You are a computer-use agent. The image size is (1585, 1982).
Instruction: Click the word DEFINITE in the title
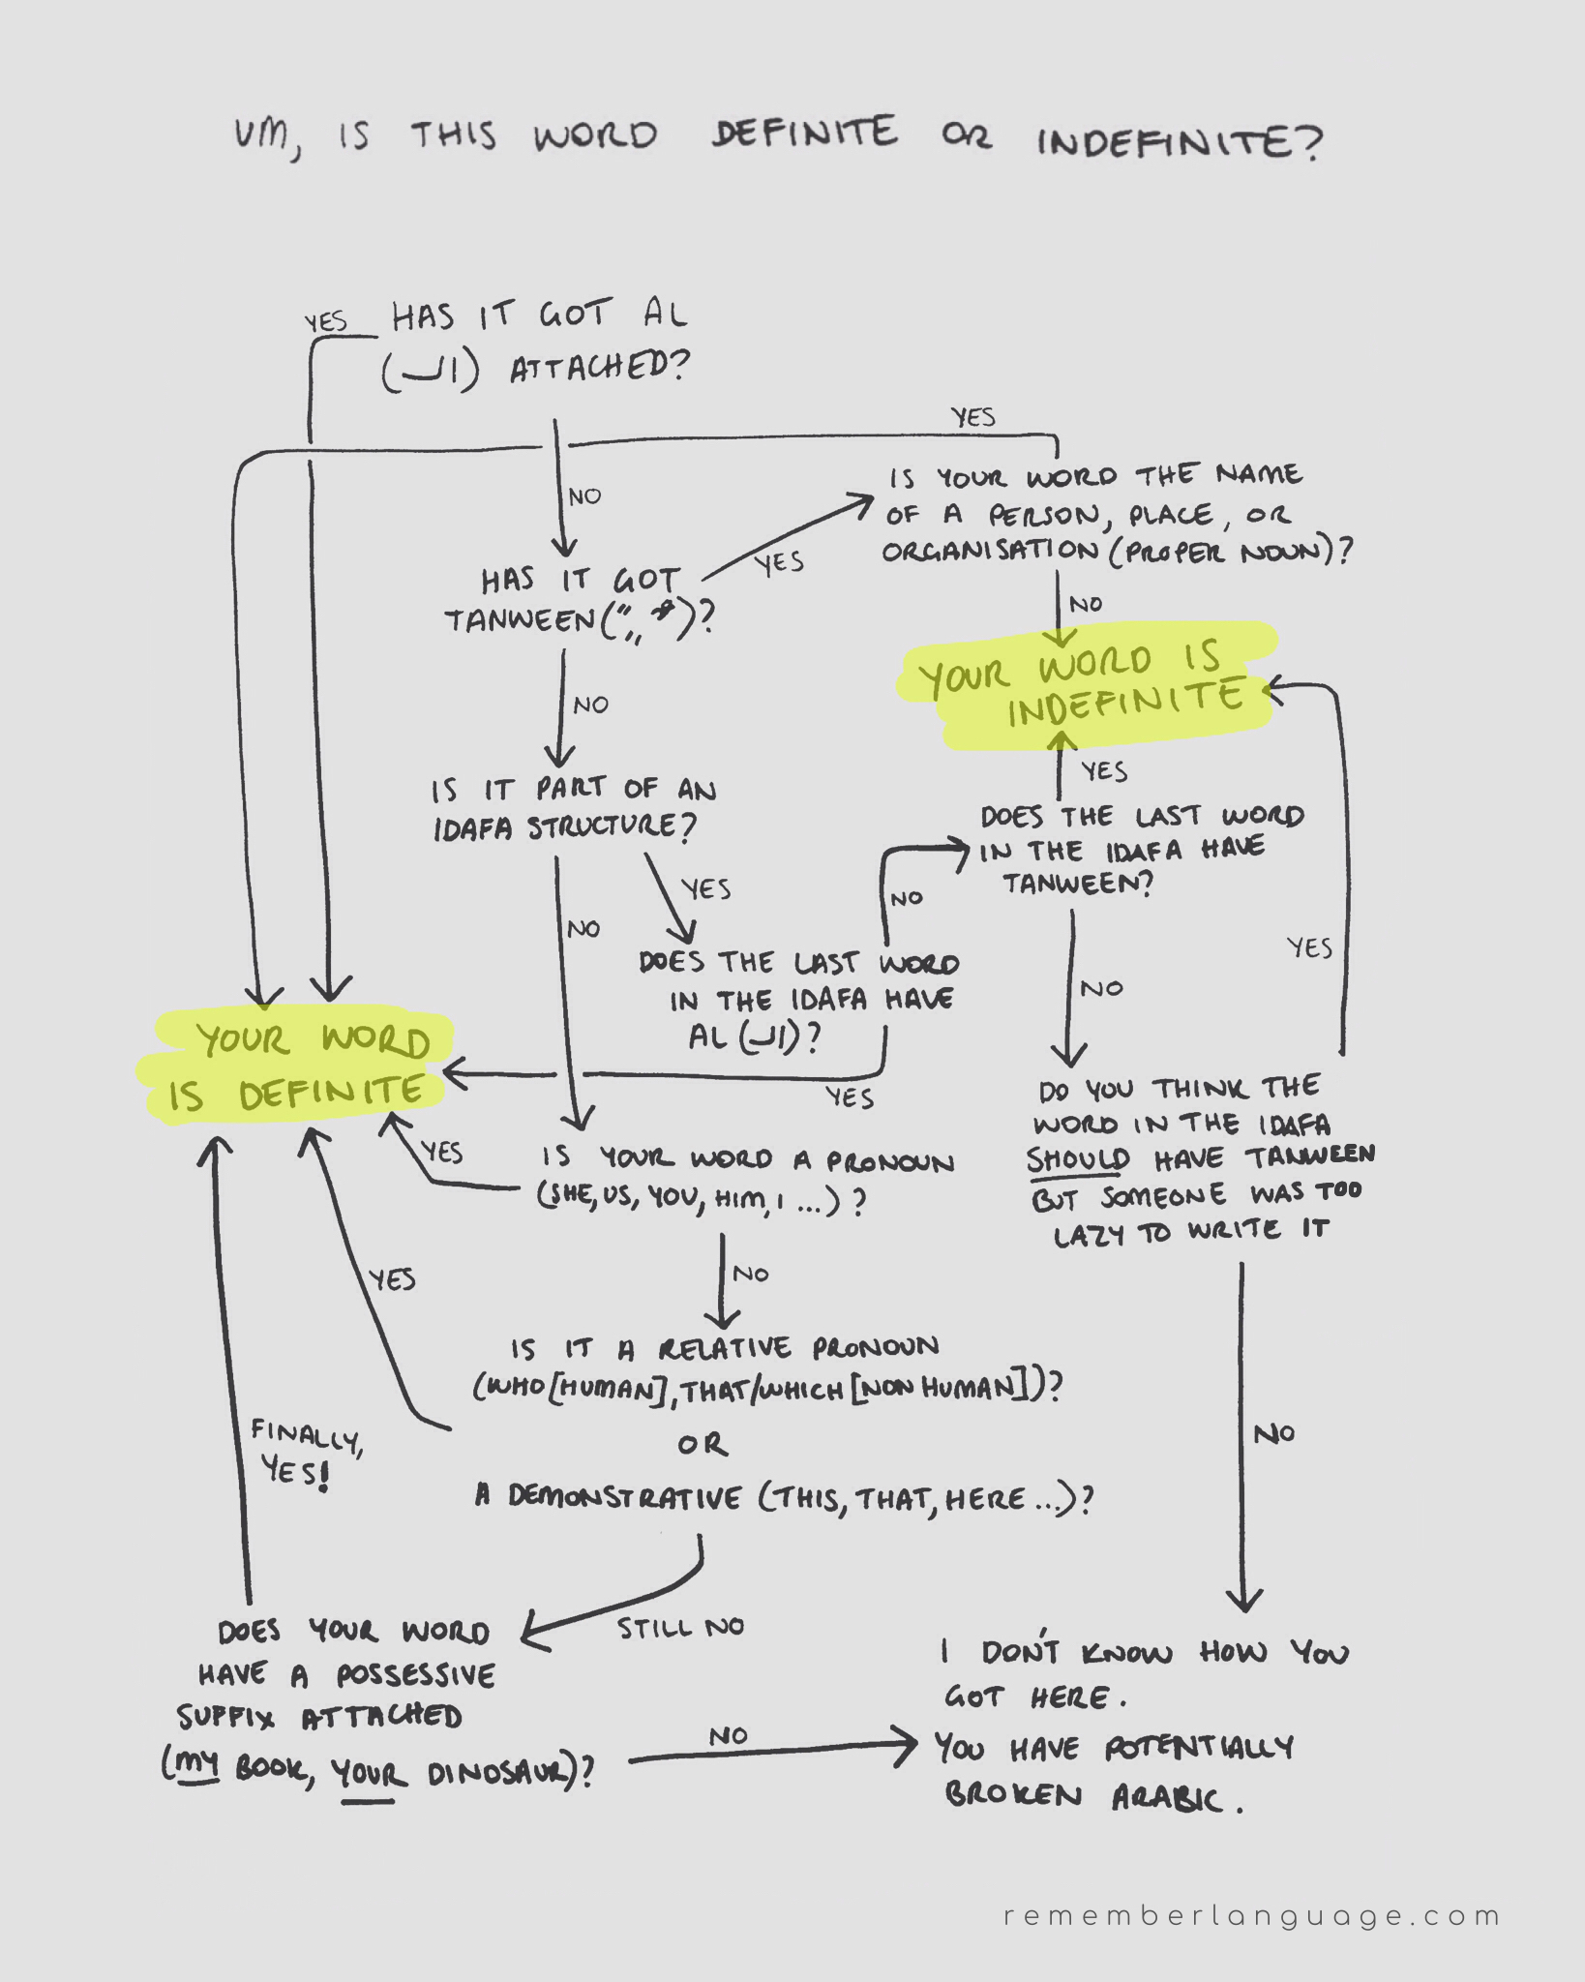click(x=804, y=134)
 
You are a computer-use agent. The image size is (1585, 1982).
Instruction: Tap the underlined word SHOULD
click(x=1077, y=1159)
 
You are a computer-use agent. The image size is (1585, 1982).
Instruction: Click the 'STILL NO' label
click(x=680, y=1629)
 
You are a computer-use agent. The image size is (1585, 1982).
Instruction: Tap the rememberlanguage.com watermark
click(x=1251, y=1916)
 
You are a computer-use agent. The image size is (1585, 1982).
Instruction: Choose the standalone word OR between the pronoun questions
click(x=703, y=1445)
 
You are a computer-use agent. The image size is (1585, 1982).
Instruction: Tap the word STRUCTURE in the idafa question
click(x=611, y=827)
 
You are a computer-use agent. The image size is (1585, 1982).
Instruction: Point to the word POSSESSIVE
click(x=415, y=1675)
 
